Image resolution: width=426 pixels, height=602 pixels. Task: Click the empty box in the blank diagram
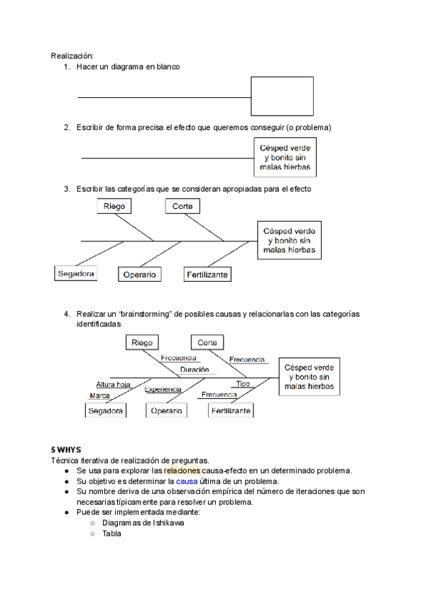282,96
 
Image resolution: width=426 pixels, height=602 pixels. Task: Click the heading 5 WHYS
66,450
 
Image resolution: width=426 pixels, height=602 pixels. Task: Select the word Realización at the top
72,55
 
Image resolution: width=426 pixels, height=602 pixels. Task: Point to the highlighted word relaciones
182,471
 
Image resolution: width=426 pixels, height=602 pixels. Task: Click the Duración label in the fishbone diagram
194,370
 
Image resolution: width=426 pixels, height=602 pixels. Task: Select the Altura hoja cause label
114,384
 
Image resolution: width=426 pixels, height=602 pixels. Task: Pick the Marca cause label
99,395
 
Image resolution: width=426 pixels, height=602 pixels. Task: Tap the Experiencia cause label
163,389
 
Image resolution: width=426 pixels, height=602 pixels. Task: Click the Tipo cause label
243,383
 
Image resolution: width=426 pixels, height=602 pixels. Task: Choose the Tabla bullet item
111,533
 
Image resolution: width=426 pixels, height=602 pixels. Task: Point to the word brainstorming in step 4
144,313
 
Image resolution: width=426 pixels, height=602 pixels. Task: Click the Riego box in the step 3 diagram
115,206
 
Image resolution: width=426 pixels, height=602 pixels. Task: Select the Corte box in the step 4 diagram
207,342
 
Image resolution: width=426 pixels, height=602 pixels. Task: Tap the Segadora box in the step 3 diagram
76,273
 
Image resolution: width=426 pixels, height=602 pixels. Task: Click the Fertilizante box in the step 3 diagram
207,274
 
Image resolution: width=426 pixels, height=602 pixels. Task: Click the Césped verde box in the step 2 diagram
285,156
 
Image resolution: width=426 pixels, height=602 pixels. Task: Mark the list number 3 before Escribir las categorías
66,189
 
